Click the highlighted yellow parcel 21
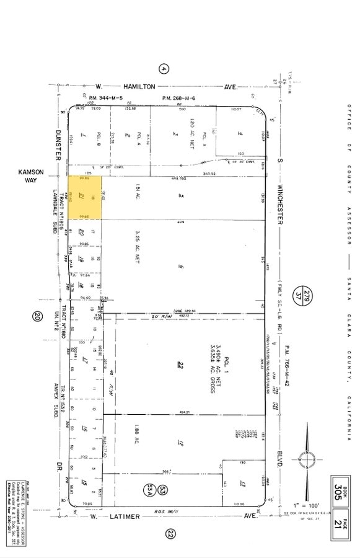click(84, 197)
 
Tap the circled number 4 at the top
click(164, 69)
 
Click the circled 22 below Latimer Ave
click(171, 533)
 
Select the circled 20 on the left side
click(37, 317)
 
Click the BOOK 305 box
click(340, 490)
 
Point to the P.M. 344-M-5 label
click(105, 98)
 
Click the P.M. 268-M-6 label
click(178, 98)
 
